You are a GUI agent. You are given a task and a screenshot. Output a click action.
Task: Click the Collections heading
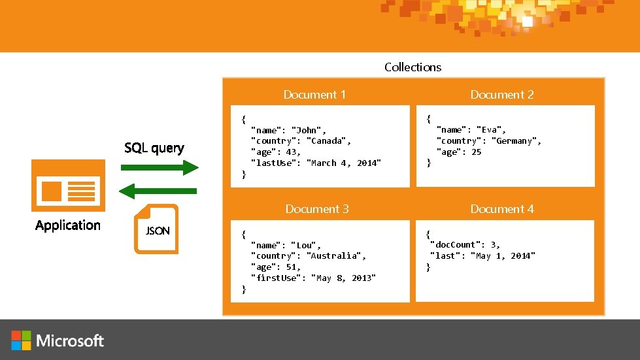pos(413,67)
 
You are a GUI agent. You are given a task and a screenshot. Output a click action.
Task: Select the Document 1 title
pos(314,95)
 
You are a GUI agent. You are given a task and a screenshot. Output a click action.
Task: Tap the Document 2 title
pos(501,95)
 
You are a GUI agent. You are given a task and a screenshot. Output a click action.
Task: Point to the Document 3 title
pos(316,209)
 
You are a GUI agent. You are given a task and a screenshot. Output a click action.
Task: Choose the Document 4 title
pos(501,209)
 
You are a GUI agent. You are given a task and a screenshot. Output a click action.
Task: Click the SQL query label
pos(154,148)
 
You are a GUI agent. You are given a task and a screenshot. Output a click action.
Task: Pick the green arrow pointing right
pos(160,168)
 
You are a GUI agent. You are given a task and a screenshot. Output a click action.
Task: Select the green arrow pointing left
pos(160,191)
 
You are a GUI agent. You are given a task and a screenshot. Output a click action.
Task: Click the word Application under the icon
pos(68,225)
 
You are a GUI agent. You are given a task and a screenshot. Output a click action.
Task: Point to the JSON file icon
pos(156,229)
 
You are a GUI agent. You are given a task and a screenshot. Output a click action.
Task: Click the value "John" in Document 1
pos(307,130)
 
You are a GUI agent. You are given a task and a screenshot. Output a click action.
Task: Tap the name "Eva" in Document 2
pos(490,130)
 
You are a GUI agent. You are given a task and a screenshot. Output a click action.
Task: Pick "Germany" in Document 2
pos(516,141)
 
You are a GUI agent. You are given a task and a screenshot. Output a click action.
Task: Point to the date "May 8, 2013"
pos(344,278)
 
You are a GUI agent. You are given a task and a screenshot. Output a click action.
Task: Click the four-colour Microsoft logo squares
pos(21,340)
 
